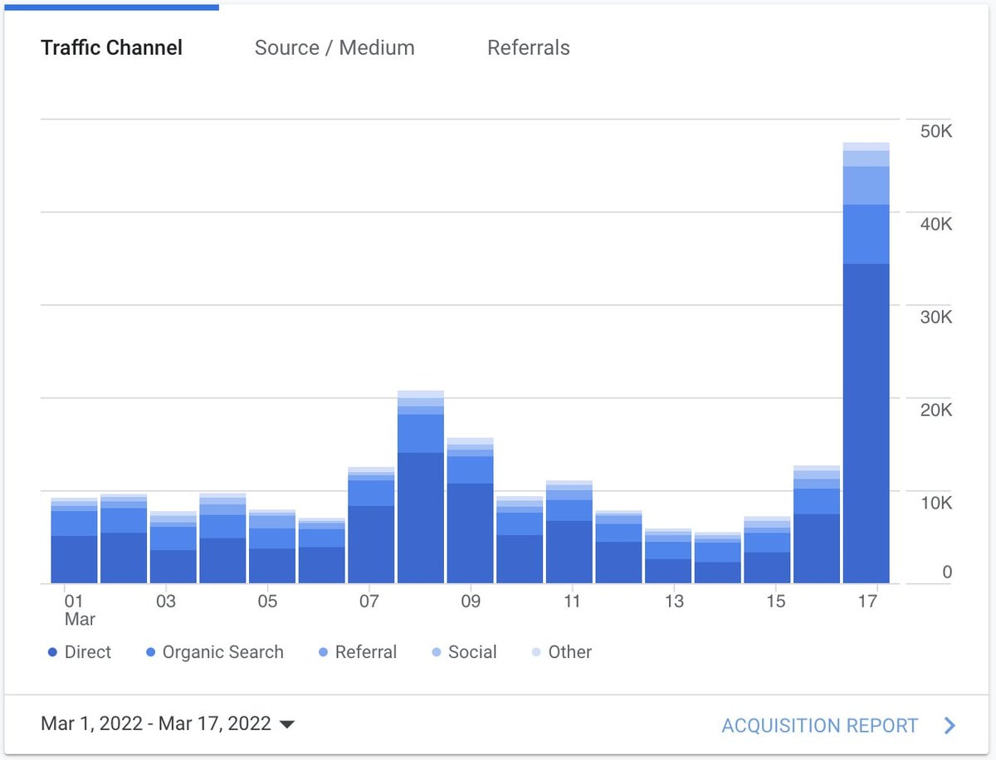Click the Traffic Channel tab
pyautogui.click(x=111, y=47)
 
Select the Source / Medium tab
pyautogui.click(x=334, y=47)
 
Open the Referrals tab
pyautogui.click(x=528, y=47)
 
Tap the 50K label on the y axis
pyautogui.click(x=935, y=131)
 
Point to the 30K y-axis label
pyautogui.click(x=935, y=317)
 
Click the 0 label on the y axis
pyautogui.click(x=946, y=572)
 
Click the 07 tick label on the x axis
pyautogui.click(x=369, y=602)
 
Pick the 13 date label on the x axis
pyautogui.click(x=674, y=602)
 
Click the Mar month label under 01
pyautogui.click(x=80, y=619)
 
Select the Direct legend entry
pyautogui.click(x=80, y=652)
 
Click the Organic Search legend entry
pyautogui.click(x=215, y=652)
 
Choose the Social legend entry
pyautogui.click(x=464, y=652)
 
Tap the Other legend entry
pyautogui.click(x=562, y=652)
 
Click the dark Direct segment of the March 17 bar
pyautogui.click(x=866, y=423)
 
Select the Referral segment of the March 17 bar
pyautogui.click(x=866, y=186)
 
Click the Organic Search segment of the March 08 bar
pyautogui.click(x=421, y=433)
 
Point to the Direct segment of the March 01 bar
pyautogui.click(x=74, y=559)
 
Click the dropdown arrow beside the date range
pyautogui.click(x=287, y=724)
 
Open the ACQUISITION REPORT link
pyautogui.click(x=820, y=725)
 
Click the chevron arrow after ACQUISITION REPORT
pyautogui.click(x=950, y=725)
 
